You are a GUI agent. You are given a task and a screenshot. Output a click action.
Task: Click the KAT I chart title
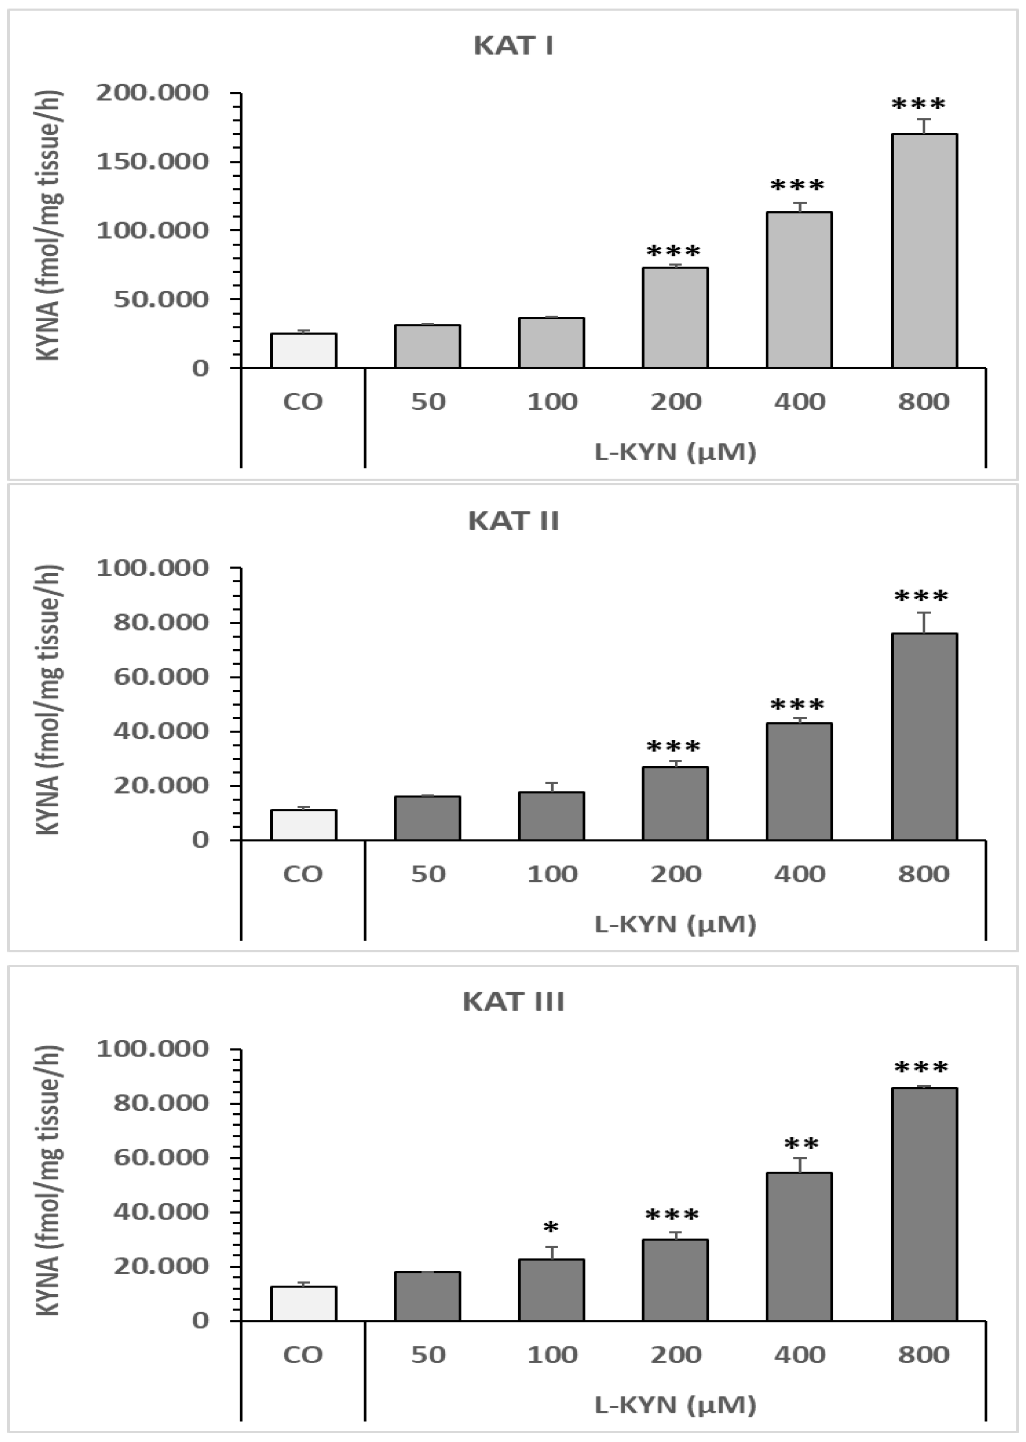(x=513, y=46)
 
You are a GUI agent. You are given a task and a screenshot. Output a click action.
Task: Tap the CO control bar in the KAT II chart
(x=303, y=825)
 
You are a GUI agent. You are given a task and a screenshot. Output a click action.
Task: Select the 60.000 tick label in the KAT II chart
(x=161, y=677)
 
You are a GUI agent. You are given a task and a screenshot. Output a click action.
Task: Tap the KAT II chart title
(x=513, y=521)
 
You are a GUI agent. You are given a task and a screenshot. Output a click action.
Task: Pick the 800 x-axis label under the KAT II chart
(x=924, y=874)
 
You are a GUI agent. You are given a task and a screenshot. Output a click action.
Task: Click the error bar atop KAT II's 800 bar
(x=924, y=622)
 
